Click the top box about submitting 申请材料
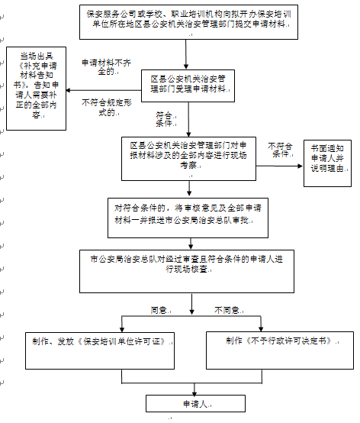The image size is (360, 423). pos(186,22)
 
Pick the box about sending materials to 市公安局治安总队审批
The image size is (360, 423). pos(186,215)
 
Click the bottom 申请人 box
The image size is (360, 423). pos(190,402)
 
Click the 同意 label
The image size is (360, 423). pos(159,311)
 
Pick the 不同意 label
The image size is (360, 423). pos(227,311)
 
